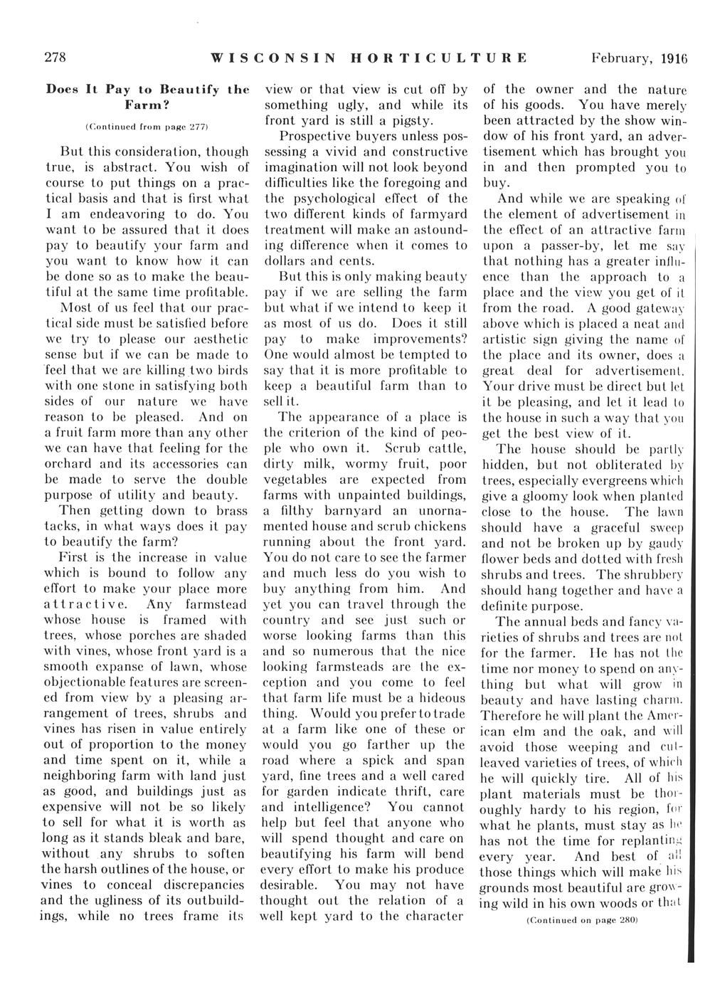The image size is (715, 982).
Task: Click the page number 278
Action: pos(56,58)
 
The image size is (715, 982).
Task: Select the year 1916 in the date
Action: pos(673,59)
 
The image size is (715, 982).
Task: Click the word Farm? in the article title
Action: pos(148,105)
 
